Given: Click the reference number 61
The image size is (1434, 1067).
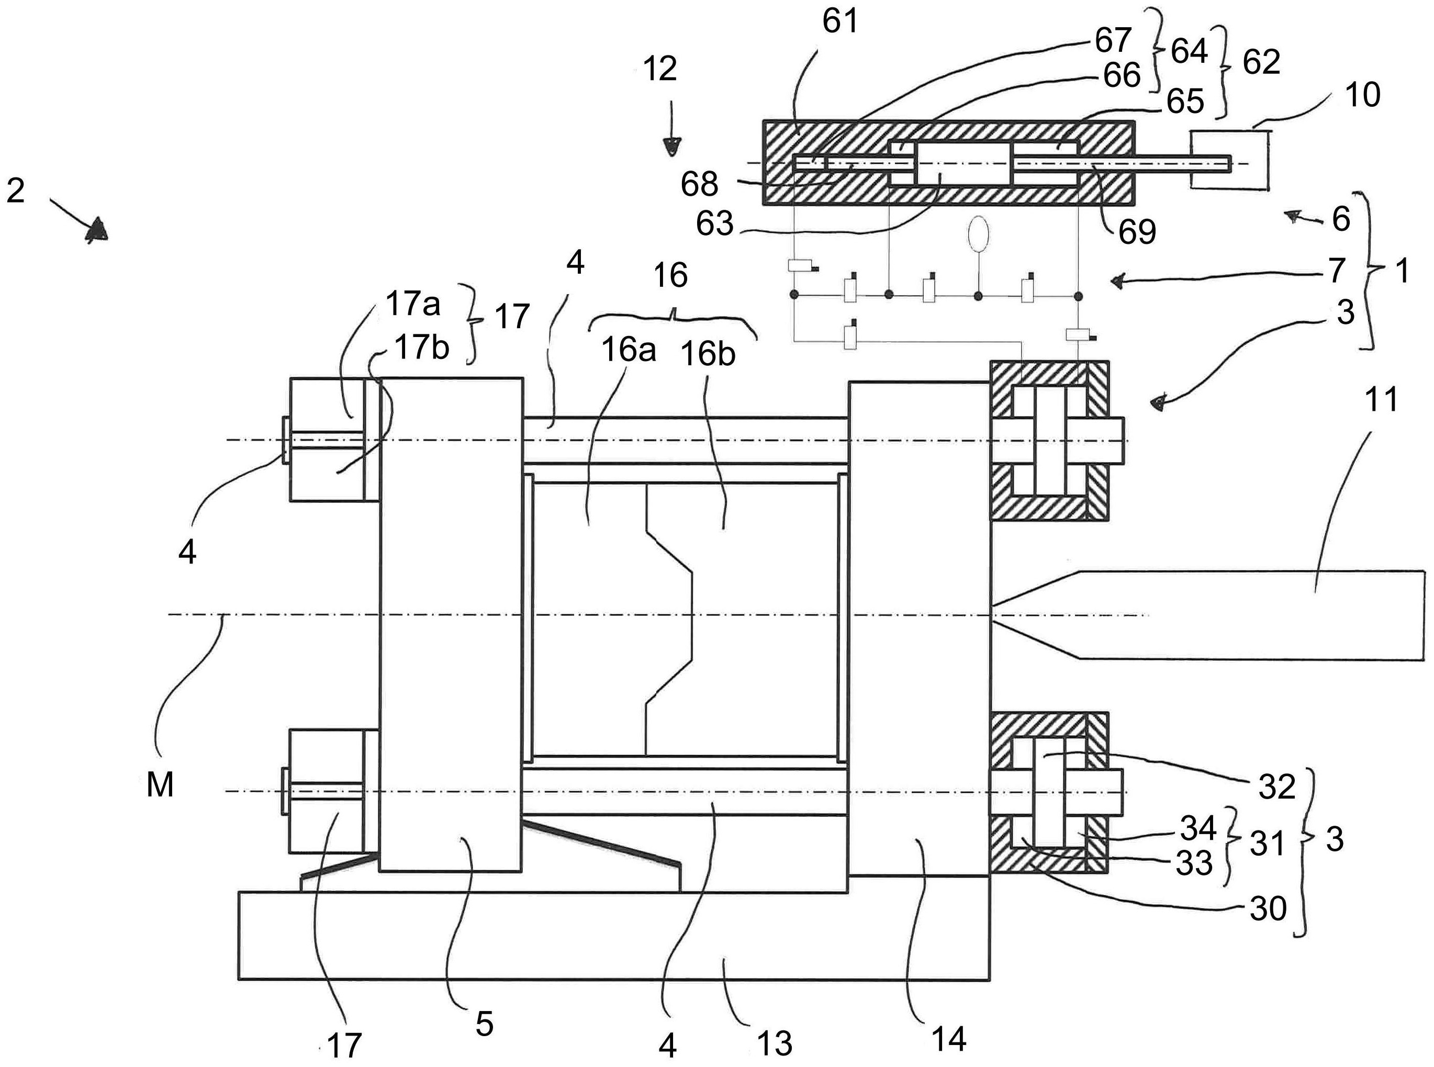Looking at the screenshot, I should tap(840, 22).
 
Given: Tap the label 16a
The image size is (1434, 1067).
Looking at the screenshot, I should tap(629, 350).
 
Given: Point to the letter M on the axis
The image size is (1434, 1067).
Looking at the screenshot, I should tap(160, 786).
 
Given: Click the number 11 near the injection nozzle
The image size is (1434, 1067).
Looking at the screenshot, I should tap(1381, 399).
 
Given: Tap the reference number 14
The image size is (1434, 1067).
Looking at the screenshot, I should tap(948, 1039).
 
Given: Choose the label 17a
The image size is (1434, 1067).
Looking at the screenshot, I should tap(413, 304).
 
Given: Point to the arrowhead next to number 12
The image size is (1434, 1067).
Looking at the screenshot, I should tap(673, 148).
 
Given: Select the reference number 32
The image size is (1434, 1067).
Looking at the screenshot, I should tap(1277, 786).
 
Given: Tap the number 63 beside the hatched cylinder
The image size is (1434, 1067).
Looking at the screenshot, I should tap(714, 223).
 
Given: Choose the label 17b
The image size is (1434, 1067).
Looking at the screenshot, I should tap(422, 348).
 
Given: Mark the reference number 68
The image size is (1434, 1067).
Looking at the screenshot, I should tap(700, 184).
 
